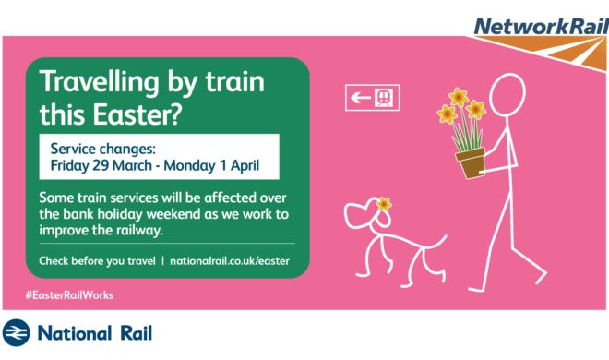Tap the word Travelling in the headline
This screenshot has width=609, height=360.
coord(100,82)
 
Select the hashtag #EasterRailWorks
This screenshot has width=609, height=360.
coord(69,295)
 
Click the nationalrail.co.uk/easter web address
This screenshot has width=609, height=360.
coord(230,261)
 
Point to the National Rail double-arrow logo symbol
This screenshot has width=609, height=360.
coord(16,333)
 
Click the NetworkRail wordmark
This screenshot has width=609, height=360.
coord(542,27)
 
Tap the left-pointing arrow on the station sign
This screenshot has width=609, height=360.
coord(361,97)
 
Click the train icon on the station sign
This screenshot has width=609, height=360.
coord(384,98)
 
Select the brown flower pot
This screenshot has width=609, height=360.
coord(471,162)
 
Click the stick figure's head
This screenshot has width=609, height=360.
coord(507,94)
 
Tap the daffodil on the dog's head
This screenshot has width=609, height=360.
coord(384,204)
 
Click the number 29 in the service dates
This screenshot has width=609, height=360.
coord(101,166)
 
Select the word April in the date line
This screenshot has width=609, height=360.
coord(245,166)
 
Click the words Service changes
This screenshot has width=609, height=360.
coord(103,149)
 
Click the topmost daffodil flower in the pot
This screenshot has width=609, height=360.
coord(458,97)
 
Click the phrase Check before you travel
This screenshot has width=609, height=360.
coord(97,261)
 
